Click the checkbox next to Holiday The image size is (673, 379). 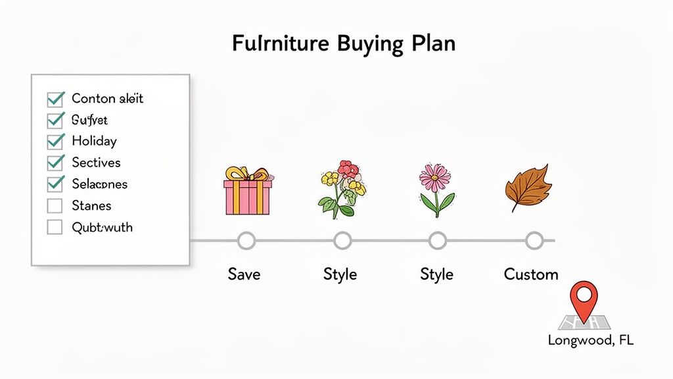[x=55, y=141]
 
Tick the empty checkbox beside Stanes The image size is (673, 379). [x=55, y=206]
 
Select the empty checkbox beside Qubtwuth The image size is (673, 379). [x=55, y=228]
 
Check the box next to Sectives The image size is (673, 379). [x=55, y=163]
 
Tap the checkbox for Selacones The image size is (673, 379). [x=55, y=184]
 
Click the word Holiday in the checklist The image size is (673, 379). [x=94, y=141]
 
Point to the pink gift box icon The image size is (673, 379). [x=246, y=196]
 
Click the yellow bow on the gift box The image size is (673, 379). [x=247, y=174]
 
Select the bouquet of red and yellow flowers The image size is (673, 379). [x=342, y=189]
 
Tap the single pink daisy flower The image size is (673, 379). [x=436, y=188]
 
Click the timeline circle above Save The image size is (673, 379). [x=246, y=241]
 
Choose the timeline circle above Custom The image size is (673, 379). [x=534, y=241]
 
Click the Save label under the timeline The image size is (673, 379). [x=244, y=274]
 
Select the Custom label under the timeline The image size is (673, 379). [x=531, y=274]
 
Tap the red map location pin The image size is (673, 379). [x=584, y=300]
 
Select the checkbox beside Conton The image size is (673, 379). [x=55, y=99]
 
